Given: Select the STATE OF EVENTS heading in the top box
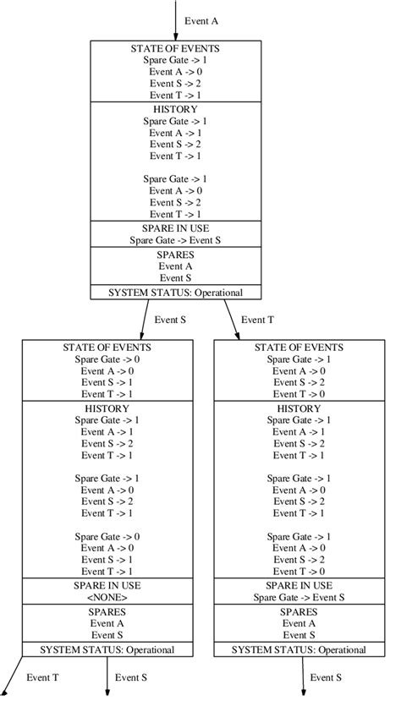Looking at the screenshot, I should pos(175,49).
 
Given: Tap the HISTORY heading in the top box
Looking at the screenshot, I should pos(175,109).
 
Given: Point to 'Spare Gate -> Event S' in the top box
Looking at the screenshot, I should pos(175,239).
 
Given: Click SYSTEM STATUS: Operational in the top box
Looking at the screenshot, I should pos(175,293).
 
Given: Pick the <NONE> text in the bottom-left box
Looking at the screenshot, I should pos(107,597).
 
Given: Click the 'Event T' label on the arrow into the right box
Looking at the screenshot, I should pos(257,320).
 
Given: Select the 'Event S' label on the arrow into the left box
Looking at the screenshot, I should pos(169,320).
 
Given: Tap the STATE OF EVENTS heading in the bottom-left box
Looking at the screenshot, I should pos(107,347).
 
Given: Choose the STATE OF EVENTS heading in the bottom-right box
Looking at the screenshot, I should pos(299,347).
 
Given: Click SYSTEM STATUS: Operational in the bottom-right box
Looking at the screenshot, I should pos(299,649).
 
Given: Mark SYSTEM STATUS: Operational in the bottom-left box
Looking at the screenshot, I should pos(107,649).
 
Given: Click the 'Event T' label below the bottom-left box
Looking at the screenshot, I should pos(42,677).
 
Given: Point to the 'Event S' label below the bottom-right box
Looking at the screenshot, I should pos(326,677).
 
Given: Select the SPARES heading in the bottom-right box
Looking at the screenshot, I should pos(299,611).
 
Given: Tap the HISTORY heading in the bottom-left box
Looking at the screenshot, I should pos(107,408).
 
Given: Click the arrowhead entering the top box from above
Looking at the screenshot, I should pos(175,36).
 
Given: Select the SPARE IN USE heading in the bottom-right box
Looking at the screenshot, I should pos(299,585).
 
